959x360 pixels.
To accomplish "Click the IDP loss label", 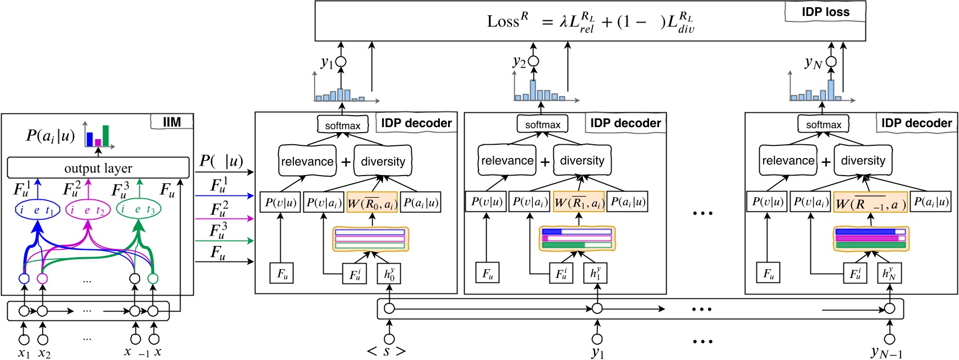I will coord(825,12).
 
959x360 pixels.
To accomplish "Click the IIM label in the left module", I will coord(172,122).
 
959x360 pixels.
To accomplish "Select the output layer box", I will coord(98,168).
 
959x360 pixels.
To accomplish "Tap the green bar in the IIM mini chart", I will coord(106,136).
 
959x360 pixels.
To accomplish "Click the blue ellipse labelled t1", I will coord(37,210).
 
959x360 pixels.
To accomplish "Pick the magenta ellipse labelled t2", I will coord(88,210).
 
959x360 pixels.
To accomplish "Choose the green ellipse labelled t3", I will coord(139,210).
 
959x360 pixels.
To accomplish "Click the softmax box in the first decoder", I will coord(342,125).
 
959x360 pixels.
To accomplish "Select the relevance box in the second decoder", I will coord(507,161).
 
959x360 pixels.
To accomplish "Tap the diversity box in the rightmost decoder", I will coord(863,161).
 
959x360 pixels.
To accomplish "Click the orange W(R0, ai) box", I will coord(372,203).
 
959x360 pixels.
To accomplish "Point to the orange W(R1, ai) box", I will coord(579,202).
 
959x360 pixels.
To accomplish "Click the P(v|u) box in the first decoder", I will coord(280,202).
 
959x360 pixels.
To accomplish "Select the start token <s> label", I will coord(386,351).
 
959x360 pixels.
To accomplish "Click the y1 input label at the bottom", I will coord(597,352).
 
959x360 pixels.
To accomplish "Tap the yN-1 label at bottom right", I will coord(887,352).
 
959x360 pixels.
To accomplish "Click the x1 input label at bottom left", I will coord(24,353).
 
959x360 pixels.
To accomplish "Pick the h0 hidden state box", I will coord(389,273).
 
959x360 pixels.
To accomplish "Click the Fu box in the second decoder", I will coord(487,273).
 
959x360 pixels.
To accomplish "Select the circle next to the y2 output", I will coord(533,62).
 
